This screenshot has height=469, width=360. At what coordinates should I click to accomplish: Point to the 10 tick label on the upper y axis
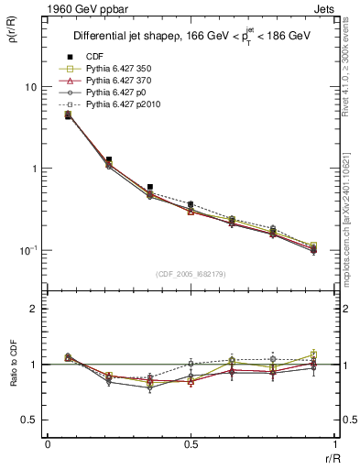pyautogui.click(x=31, y=87)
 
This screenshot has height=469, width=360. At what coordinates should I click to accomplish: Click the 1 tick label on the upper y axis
pyautogui.click(x=35, y=169)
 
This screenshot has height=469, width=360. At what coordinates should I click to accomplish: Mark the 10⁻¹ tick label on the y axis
pyautogui.click(x=29, y=250)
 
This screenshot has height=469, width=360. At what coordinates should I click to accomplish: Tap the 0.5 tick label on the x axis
pyautogui.click(x=191, y=444)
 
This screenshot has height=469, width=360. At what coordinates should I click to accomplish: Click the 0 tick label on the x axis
pyautogui.click(x=48, y=444)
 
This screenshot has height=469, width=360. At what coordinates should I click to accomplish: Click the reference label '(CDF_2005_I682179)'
pyautogui.click(x=191, y=274)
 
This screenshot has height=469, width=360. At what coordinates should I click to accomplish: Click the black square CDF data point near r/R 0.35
pyautogui.click(x=149, y=187)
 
